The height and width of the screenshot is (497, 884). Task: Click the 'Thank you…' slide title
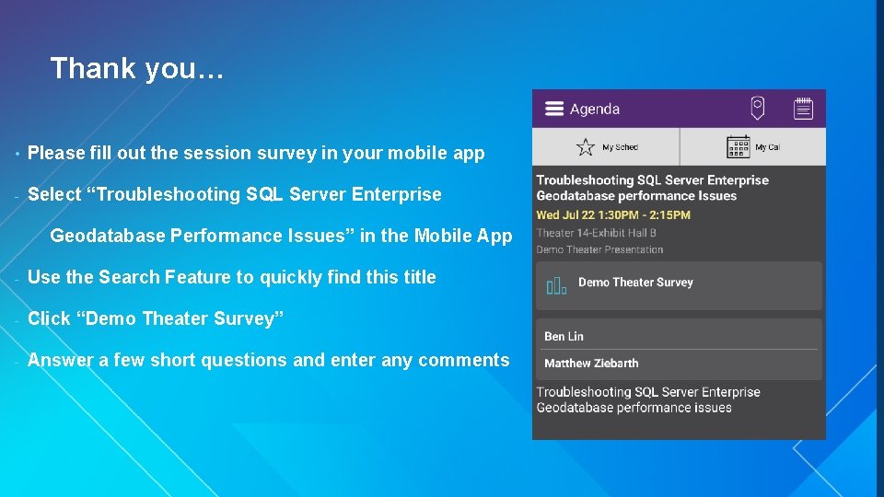pyautogui.click(x=136, y=68)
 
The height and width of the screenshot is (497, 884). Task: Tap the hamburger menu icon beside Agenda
pyautogui.click(x=553, y=109)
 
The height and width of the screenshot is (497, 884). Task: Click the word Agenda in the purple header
pyautogui.click(x=595, y=109)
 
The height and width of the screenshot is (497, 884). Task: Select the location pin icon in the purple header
pyautogui.click(x=757, y=108)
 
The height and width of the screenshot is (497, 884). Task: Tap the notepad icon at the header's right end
pyautogui.click(x=803, y=109)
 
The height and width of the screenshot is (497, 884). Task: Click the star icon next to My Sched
pyautogui.click(x=586, y=146)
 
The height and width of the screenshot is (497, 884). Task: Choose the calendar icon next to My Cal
pyautogui.click(x=738, y=146)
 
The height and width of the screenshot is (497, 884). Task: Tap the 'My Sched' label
pyautogui.click(x=620, y=147)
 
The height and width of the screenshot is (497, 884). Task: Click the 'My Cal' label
pyautogui.click(x=767, y=147)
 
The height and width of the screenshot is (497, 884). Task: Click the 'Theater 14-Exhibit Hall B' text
pyautogui.click(x=596, y=233)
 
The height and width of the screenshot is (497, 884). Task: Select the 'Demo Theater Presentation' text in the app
pyautogui.click(x=599, y=249)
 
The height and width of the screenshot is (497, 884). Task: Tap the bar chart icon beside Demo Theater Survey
pyautogui.click(x=556, y=285)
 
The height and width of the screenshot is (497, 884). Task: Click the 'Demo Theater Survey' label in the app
pyautogui.click(x=635, y=283)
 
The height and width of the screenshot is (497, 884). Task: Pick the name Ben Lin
pyautogui.click(x=564, y=337)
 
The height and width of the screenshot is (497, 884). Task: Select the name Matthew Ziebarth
pyautogui.click(x=591, y=363)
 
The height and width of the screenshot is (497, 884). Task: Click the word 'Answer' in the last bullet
pyautogui.click(x=58, y=360)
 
